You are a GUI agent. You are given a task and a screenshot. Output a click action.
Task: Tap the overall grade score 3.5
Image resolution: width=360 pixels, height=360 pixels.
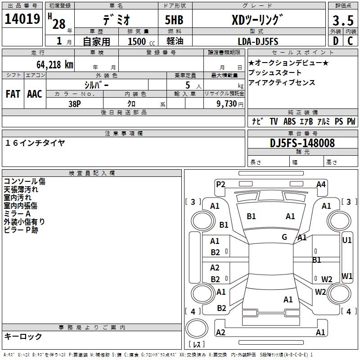point(342,21)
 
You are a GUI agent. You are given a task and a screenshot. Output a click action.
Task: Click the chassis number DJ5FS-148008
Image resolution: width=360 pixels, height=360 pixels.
point(302,143)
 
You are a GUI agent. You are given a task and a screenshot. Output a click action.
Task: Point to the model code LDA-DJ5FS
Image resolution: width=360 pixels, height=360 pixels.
point(258,41)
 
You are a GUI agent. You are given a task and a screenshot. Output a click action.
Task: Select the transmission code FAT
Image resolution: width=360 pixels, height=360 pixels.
point(13,94)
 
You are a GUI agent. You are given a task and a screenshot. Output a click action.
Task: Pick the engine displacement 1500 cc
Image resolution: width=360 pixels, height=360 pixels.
point(137,42)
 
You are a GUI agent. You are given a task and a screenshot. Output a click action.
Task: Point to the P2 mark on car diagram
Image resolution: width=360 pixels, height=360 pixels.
point(220,184)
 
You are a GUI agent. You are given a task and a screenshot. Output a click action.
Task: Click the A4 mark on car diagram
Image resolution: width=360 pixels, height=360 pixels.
point(321,184)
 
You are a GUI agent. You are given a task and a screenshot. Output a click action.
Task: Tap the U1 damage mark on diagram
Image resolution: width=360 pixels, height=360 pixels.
point(347,240)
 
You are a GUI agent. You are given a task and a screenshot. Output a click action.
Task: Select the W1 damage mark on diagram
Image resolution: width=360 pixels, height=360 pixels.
point(347,276)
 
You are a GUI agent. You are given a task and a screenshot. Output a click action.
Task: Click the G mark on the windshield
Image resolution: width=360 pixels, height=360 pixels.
point(284,237)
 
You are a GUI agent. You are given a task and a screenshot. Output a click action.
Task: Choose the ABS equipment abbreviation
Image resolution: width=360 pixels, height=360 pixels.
point(290,121)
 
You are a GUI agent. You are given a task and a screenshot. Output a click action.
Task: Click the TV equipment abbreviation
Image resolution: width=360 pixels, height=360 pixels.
point(274,121)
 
